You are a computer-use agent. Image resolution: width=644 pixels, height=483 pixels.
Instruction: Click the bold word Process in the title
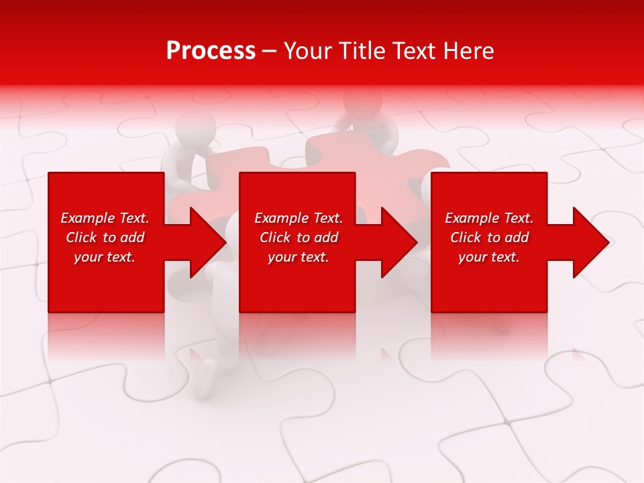(x=211, y=51)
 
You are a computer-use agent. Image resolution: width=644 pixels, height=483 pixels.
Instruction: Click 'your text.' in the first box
(x=105, y=257)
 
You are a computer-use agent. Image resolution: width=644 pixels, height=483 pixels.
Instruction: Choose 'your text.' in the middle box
(x=299, y=257)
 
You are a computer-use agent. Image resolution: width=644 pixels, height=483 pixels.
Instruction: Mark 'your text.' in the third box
(x=489, y=257)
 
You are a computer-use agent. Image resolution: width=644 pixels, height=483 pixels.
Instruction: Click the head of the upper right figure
(x=362, y=102)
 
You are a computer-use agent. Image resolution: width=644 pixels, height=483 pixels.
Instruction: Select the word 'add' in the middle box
(x=326, y=237)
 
